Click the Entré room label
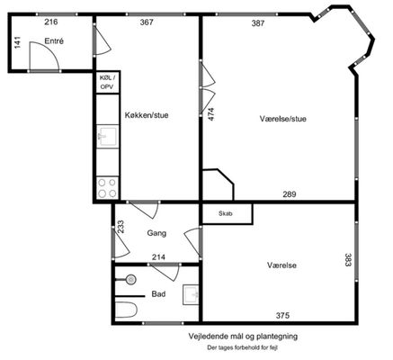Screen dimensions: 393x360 (x=54, y=41)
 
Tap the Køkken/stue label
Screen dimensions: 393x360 (x=147, y=115)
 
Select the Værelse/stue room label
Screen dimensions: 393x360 (x=283, y=119)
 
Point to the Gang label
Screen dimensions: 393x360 (x=156, y=233)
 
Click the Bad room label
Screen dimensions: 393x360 (x=158, y=294)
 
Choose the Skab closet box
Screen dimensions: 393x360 (x=227, y=213)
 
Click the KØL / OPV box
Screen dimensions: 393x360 (x=108, y=82)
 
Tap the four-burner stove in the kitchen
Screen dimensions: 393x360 (x=107, y=188)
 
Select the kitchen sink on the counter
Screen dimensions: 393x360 (x=107, y=137)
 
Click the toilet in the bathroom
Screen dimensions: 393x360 (x=129, y=280)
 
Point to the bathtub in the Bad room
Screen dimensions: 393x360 (x=126, y=310)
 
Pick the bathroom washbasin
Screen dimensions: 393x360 (x=191, y=294)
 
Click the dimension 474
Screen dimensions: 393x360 (x=211, y=114)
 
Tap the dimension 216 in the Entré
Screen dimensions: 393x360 (x=51, y=22)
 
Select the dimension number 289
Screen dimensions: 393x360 (x=290, y=194)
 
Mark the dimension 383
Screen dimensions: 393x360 (x=348, y=260)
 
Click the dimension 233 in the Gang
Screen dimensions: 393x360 (x=121, y=227)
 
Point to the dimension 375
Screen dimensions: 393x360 (x=282, y=315)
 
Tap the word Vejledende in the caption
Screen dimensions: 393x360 (x=204, y=337)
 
